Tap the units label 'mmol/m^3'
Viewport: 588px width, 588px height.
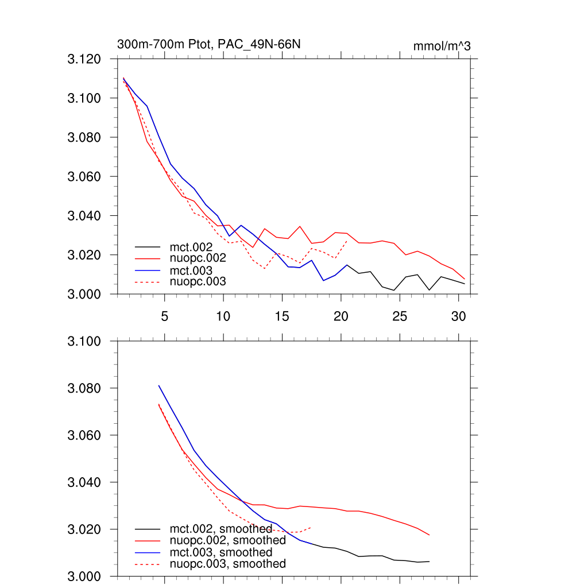(x=442, y=46)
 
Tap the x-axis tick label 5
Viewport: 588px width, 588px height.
(x=165, y=316)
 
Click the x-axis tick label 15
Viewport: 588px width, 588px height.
(x=282, y=316)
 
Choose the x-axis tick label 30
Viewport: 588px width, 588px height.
(x=458, y=316)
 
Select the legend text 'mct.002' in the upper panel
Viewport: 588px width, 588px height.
(x=195, y=247)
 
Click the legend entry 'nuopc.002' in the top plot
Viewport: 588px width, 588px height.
(x=202, y=258)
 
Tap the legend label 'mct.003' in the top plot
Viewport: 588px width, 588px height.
(x=195, y=270)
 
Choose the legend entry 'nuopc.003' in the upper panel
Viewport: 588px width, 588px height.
(x=202, y=281)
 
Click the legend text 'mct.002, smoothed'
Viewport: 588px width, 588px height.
(x=220, y=529)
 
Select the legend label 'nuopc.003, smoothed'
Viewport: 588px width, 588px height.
(x=227, y=564)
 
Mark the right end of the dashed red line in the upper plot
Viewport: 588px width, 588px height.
(x=347, y=241)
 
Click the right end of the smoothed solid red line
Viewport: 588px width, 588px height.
(x=429, y=535)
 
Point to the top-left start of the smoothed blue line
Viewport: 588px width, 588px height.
(x=158, y=385)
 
